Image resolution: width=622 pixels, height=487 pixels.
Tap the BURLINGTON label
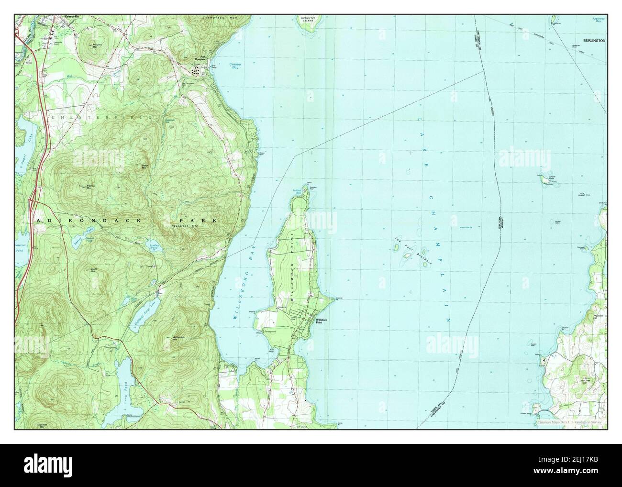(594, 41)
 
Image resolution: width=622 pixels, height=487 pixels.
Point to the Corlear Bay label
(233, 67)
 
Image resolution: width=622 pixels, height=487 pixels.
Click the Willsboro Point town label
(320, 321)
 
